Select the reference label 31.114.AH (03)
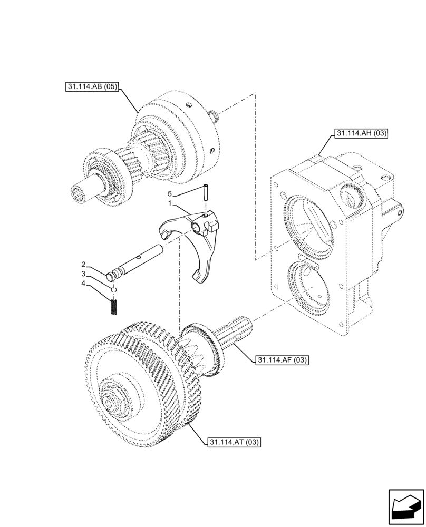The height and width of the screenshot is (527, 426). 360,134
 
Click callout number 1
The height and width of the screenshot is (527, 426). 170,202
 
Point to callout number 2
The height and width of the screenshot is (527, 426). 83,263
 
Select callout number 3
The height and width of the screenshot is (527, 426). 83,274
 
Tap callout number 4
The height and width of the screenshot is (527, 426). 83,285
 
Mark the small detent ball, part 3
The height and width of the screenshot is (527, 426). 113,289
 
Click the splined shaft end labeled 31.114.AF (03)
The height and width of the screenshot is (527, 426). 240,331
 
